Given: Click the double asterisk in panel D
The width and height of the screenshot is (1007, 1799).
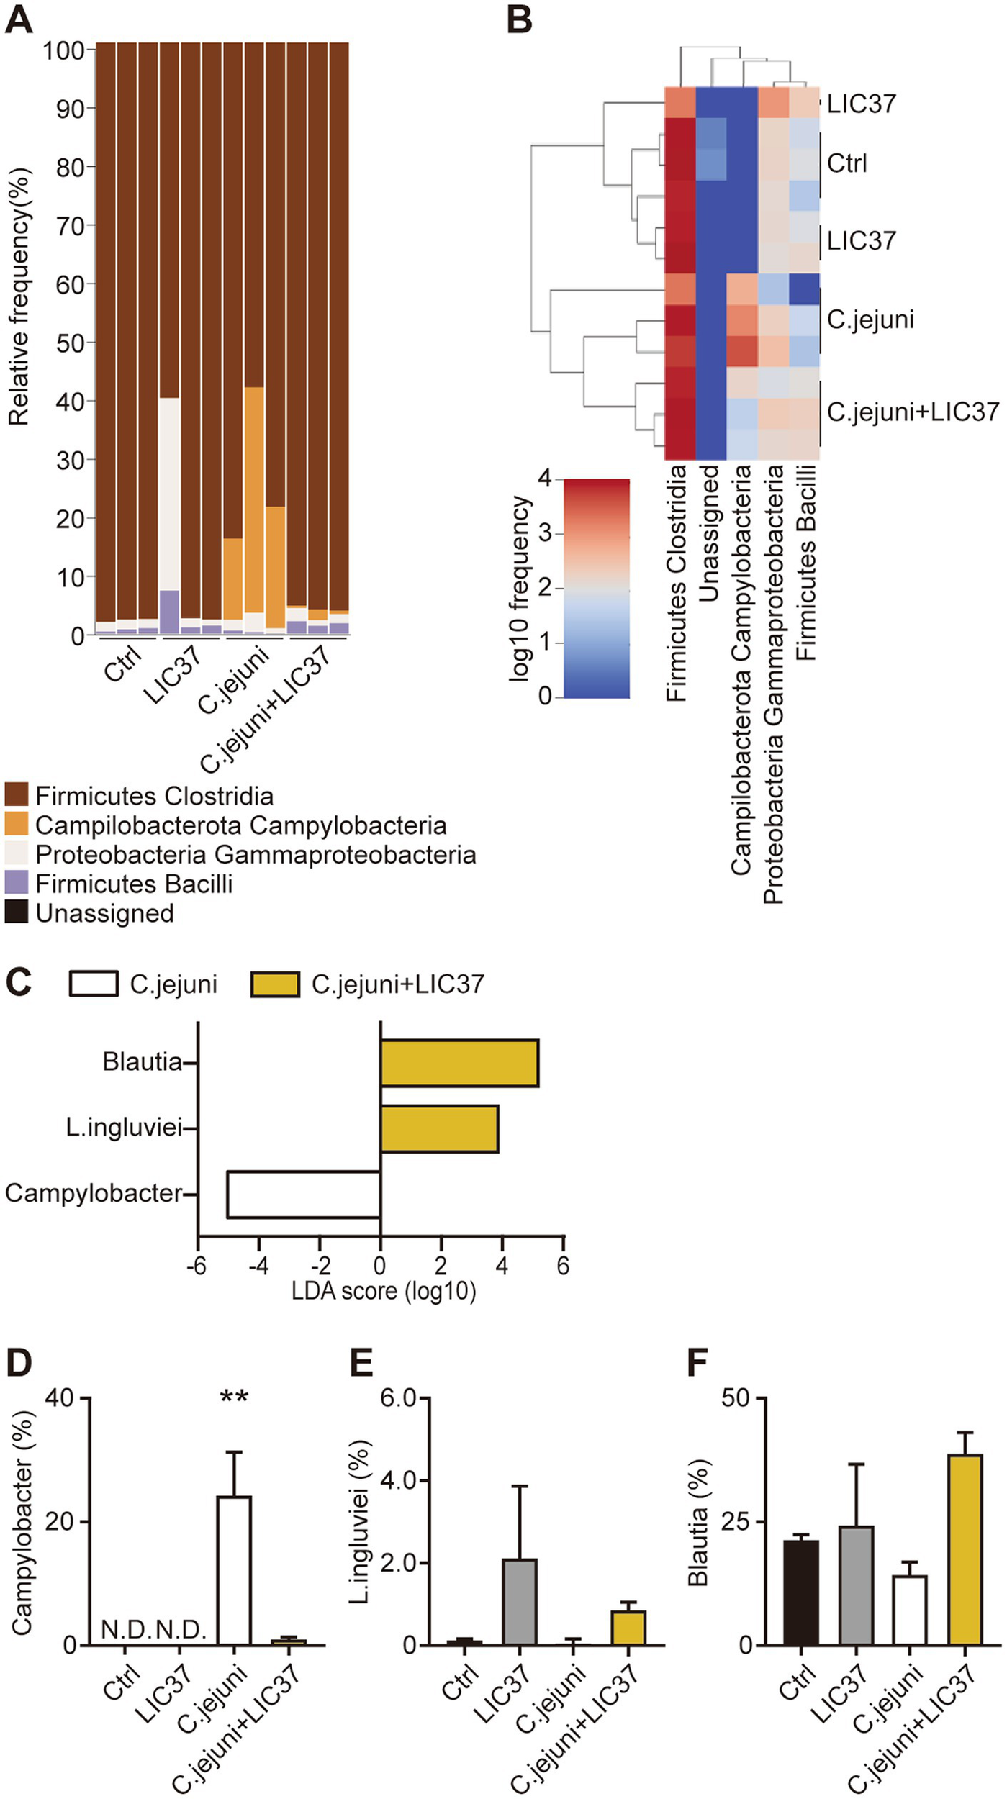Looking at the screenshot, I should click(x=234, y=1398).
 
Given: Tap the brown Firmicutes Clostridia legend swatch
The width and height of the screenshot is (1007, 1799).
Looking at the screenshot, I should click(x=17, y=795).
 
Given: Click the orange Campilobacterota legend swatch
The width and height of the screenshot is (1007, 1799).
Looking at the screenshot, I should click(x=17, y=825).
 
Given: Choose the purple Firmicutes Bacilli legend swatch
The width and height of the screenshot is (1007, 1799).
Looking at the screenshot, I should click(x=17, y=883).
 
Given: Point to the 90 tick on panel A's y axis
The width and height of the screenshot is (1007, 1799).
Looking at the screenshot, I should click(x=70, y=109).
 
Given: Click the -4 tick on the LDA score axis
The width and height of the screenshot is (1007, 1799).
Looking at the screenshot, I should click(x=258, y=1266).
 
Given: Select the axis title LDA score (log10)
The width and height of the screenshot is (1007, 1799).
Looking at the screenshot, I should click(x=384, y=1291).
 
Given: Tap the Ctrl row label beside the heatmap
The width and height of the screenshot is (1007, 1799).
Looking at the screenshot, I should click(x=846, y=163).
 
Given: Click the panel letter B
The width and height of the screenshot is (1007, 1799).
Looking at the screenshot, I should click(x=520, y=19).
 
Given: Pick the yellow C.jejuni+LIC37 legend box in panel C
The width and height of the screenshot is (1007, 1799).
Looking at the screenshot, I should click(x=275, y=984).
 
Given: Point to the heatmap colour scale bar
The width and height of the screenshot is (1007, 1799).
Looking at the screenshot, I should click(x=596, y=588).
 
